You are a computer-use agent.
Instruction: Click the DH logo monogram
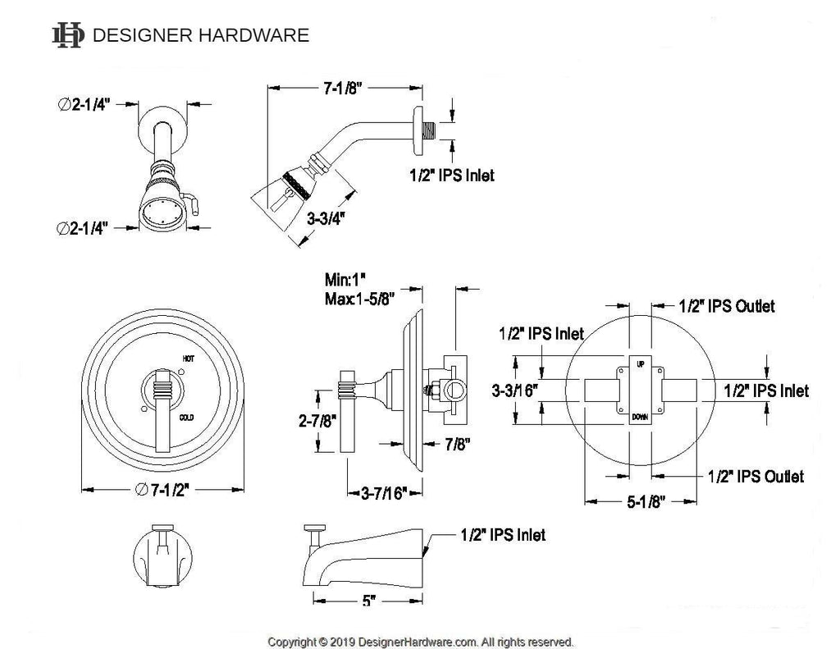[67, 34]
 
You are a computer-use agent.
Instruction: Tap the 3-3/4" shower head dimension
[324, 219]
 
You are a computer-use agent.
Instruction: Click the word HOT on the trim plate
[187, 359]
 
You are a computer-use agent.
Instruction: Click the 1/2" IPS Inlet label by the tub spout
[500, 535]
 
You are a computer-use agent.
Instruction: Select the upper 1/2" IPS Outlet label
[727, 306]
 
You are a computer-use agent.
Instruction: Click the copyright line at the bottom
[421, 642]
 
